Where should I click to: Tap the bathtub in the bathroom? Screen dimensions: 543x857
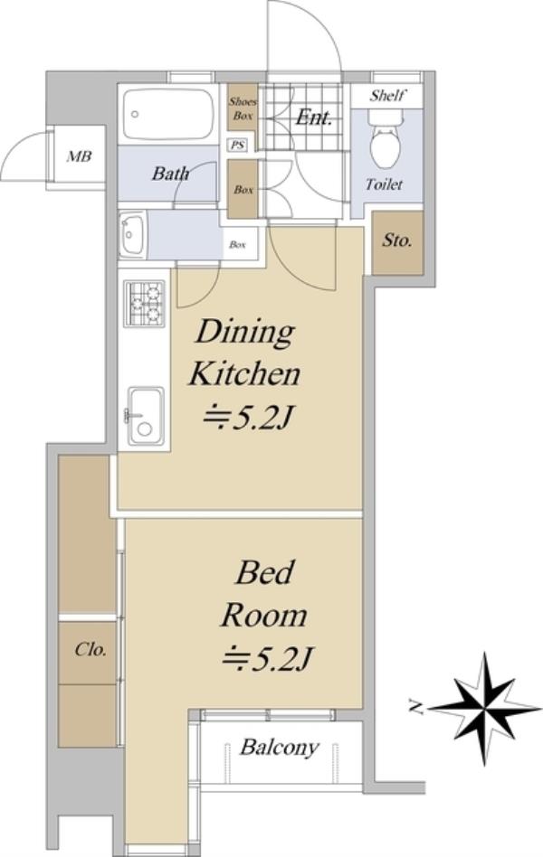point(168,114)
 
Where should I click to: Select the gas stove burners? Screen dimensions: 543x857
point(145,304)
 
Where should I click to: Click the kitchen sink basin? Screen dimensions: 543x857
point(146,416)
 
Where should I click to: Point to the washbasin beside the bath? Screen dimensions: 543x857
point(132,236)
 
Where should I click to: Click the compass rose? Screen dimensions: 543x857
point(485,708)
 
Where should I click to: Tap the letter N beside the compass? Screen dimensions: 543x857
point(417,709)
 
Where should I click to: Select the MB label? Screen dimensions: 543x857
point(79,156)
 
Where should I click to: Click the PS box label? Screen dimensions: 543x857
point(237,146)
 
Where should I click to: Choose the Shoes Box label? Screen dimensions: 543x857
point(243,108)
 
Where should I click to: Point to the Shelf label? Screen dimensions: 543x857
point(387,96)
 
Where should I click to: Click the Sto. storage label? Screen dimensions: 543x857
point(397,240)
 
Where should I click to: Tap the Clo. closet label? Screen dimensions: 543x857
point(90,649)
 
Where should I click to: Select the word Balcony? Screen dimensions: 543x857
point(279,747)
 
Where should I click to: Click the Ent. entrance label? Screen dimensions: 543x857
point(314,117)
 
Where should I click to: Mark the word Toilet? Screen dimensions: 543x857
point(385,184)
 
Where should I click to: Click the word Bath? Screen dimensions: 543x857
point(170,174)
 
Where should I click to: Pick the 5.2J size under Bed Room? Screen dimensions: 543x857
point(267,659)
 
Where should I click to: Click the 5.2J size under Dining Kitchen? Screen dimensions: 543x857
point(249,419)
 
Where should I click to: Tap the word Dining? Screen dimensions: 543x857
point(245,333)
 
